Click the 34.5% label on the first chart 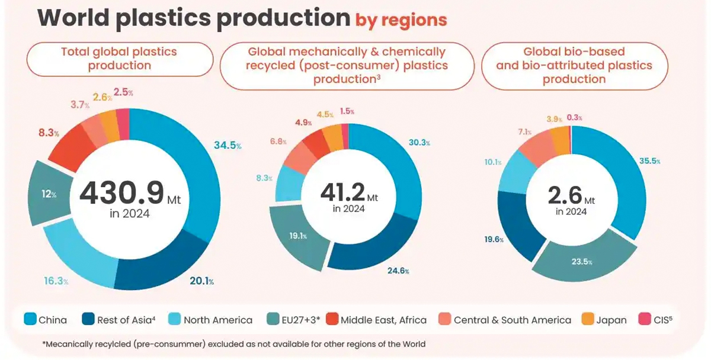(228, 144)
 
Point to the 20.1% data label (201, 281)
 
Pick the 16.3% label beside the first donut (56, 281)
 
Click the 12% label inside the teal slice (47, 194)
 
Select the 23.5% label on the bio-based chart (581, 261)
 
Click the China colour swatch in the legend (30, 320)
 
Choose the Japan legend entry (604, 320)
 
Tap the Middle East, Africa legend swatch (332, 320)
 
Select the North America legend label (217, 320)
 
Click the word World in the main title (72, 18)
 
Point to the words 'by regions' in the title (401, 20)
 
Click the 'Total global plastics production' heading (119, 59)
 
